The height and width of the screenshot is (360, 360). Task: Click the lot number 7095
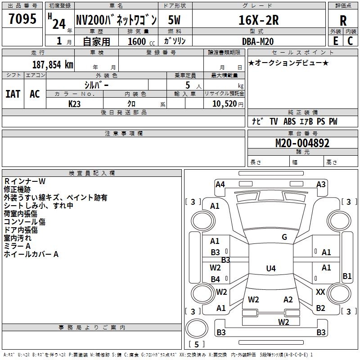pos(22,19)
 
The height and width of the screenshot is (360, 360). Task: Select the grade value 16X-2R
pos(258,20)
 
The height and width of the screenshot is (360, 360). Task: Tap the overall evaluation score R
pos(343,20)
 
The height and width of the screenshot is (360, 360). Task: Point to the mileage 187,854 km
pos(53,65)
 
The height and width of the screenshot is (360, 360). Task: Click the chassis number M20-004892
pos(302,143)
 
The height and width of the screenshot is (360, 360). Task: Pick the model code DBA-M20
pos(258,41)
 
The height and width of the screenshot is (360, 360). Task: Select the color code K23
pos(74,104)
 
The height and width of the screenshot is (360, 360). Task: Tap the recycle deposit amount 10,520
pos(224,104)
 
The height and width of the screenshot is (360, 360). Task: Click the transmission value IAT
pos(13,94)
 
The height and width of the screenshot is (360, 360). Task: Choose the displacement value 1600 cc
pos(141,41)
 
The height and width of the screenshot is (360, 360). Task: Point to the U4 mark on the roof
pos(271,268)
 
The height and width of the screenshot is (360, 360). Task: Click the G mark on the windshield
pos(284,237)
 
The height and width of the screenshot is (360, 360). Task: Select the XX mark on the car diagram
pos(320,292)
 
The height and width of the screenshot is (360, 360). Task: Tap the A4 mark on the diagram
pos(220,184)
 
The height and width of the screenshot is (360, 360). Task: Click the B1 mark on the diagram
pos(347,276)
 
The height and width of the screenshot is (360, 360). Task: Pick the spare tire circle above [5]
pos(197,328)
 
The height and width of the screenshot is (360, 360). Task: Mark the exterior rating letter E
pos(335,41)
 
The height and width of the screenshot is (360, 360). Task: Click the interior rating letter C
pos(350,41)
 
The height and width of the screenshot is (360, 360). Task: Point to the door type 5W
pos(174,20)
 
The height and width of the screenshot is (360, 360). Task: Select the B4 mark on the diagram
pos(215,279)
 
